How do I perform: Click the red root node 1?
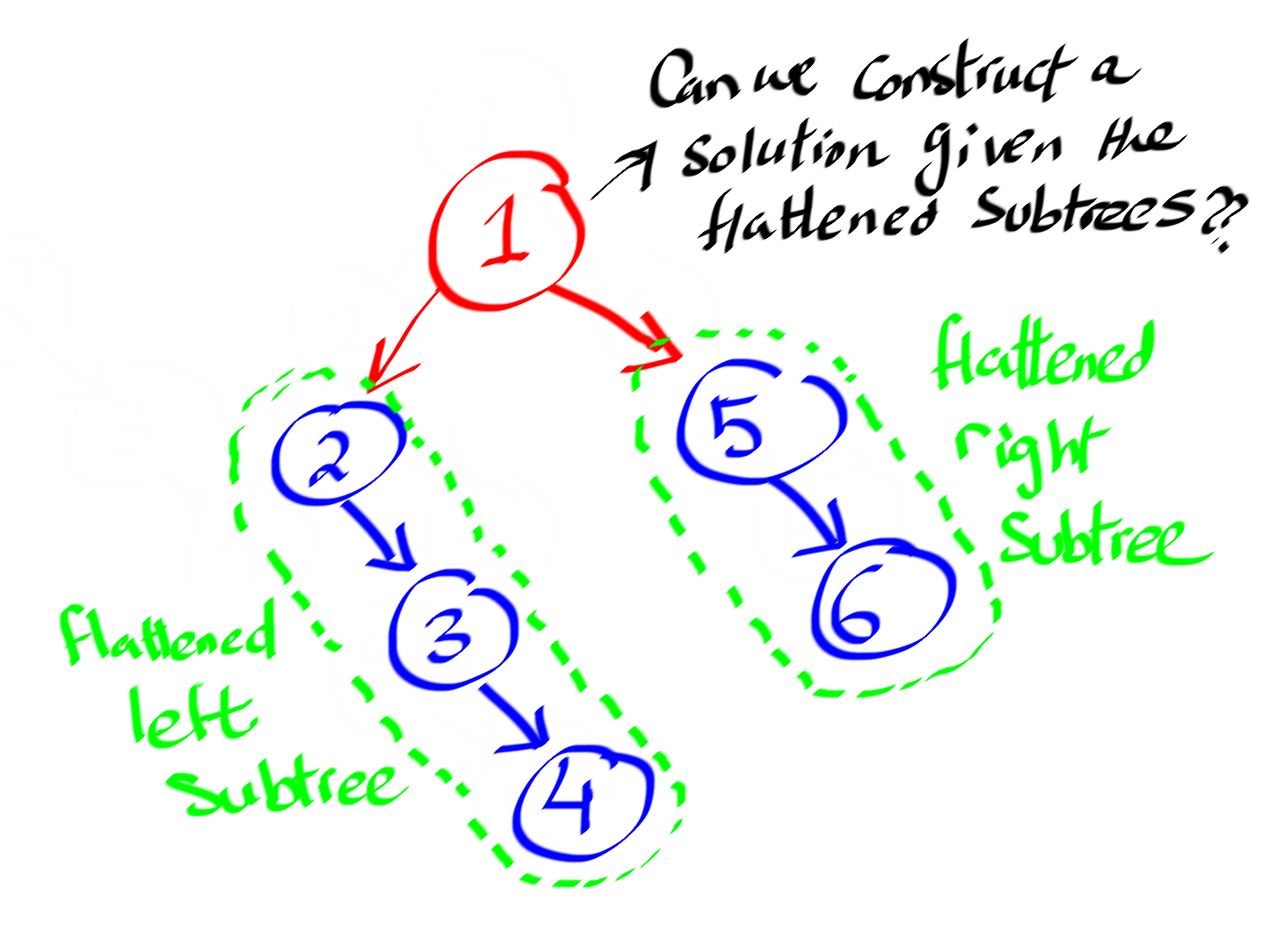click(x=506, y=233)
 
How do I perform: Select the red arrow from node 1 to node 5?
click(x=615, y=316)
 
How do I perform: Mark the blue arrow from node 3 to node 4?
click(x=514, y=716)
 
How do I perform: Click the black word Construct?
click(x=962, y=79)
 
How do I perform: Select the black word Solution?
click(x=782, y=154)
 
